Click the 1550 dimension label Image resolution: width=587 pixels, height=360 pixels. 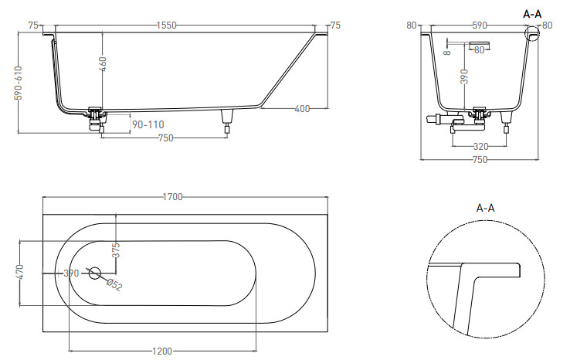[166, 25]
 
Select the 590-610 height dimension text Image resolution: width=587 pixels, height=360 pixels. [18, 83]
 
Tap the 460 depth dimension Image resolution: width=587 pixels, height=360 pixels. [103, 64]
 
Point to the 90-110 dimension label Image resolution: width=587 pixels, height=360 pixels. [148, 124]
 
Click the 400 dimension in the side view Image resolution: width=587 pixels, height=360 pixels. [302, 109]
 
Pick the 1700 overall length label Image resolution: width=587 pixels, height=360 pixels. [172, 197]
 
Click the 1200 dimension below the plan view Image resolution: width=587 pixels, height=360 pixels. [162, 351]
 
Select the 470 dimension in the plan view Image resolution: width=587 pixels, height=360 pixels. [20, 272]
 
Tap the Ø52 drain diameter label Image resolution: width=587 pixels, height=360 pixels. [114, 285]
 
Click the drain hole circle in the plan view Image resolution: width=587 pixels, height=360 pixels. [95, 273]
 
